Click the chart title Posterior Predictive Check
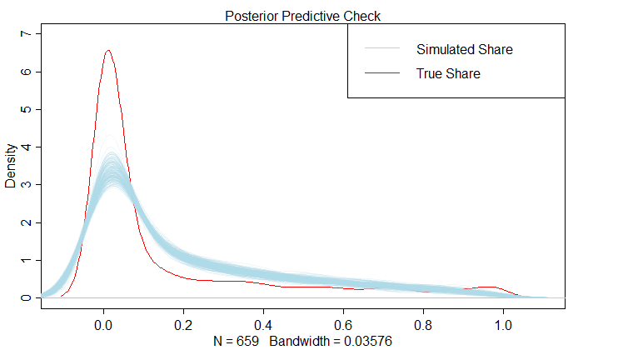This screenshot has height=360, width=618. tap(303, 16)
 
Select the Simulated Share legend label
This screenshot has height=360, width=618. tap(464, 49)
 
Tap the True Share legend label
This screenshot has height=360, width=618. tap(448, 74)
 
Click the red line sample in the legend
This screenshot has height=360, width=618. tap(381, 74)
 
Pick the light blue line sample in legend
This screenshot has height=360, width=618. tap(381, 49)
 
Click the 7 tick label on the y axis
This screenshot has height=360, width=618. tap(26, 34)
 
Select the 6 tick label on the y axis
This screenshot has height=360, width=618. tap(26, 72)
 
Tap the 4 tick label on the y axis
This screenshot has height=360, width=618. tap(26, 147)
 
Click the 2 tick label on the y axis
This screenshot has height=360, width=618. tap(26, 222)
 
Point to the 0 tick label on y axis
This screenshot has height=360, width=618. tap(26, 297)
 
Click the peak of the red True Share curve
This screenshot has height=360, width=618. tap(108, 51)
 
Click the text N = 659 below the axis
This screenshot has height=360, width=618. tap(236, 342)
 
